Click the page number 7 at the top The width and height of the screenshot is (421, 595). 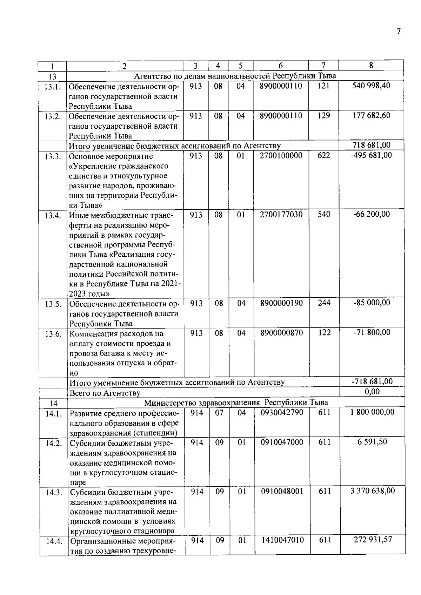point(398,32)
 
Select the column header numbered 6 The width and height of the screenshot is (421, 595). point(281,66)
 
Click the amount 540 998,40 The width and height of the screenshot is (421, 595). point(371,86)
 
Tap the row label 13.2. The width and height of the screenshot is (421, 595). point(53,116)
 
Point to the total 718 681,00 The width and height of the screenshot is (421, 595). point(371,145)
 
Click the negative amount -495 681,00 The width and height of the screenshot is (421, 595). point(371,155)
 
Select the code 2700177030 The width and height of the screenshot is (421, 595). point(281,215)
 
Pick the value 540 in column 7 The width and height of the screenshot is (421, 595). point(324,215)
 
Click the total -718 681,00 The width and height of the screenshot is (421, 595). point(372,382)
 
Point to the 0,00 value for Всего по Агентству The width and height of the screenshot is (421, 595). point(372,392)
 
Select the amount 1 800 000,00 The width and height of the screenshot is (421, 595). point(372,412)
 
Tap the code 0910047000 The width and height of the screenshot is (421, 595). point(282,442)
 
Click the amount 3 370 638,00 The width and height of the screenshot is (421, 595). point(373,491)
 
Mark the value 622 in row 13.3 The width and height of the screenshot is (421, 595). point(323,155)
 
